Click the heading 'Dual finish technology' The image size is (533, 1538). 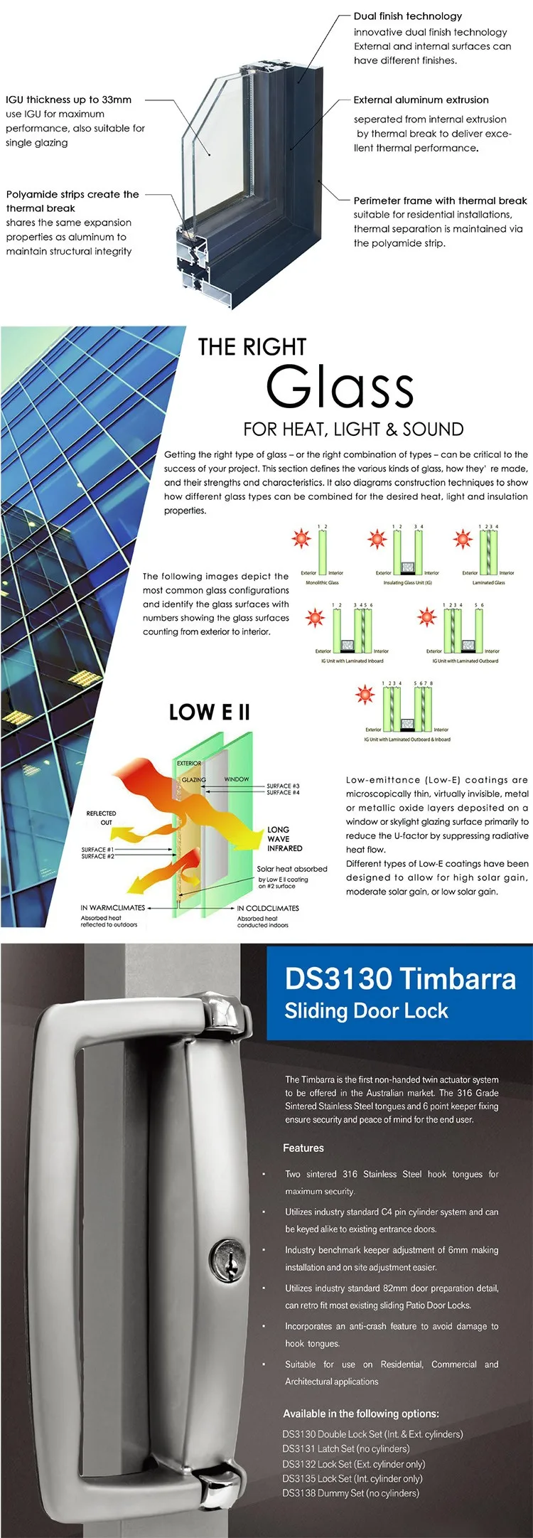407,16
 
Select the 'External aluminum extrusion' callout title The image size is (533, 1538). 421,100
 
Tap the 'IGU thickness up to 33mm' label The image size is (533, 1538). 68,100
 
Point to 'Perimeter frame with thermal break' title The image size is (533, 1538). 440,201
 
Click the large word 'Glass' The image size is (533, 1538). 340,388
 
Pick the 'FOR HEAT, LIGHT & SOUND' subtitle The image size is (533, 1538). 353,429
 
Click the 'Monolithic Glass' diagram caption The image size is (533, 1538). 322,583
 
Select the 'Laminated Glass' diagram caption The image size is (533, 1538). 488,583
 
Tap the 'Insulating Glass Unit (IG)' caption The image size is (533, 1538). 407,583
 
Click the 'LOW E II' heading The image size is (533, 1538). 209,712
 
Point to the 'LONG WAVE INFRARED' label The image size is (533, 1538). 284,839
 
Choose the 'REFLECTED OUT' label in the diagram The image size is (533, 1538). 101,818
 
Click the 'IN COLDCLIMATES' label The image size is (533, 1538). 267,908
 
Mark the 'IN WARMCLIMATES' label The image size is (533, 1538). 112,908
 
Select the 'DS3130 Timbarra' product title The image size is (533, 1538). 400,978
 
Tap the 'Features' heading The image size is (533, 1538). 303,1148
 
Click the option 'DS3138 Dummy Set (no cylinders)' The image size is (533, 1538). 350,1493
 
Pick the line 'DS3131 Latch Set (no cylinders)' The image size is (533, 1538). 345,1448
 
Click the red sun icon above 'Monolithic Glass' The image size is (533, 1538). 301,538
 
